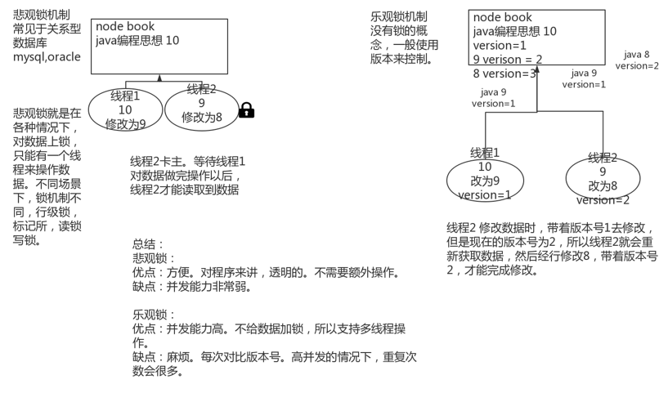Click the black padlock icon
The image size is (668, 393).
pyautogui.click(x=246, y=110)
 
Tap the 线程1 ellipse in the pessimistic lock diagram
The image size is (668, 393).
pyautogui.click(x=125, y=110)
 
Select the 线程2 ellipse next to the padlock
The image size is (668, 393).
pyautogui.click(x=201, y=109)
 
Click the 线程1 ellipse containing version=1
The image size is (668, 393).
pyautogui.click(x=485, y=179)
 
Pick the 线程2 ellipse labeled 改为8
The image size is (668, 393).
pyautogui.click(x=603, y=179)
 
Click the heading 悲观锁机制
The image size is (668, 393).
pyautogui.click(x=46, y=16)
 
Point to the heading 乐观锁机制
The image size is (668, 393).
pyautogui.click(x=398, y=16)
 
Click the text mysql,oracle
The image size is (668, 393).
pyautogui.click(x=47, y=57)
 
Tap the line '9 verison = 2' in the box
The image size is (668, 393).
pyautogui.click(x=508, y=60)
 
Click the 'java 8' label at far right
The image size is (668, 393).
pyautogui.click(x=636, y=55)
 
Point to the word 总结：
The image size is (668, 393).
pyautogui.click(x=149, y=243)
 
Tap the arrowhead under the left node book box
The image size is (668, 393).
pyautogui.click(x=160, y=78)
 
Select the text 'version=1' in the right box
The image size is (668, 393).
pyautogui.click(x=500, y=46)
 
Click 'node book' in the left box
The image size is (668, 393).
pyautogui.click(x=125, y=27)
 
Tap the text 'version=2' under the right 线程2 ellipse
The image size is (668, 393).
pyautogui.click(x=603, y=200)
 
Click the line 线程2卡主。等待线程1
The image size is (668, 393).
pyautogui.click(x=187, y=161)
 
